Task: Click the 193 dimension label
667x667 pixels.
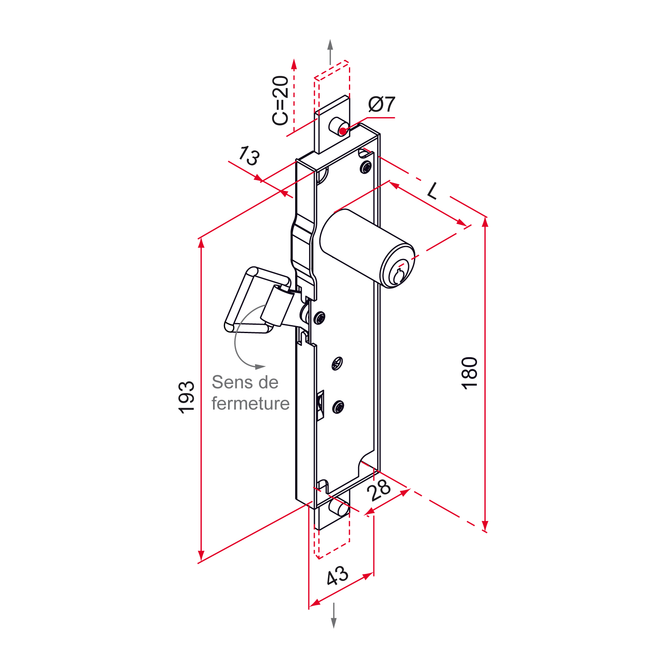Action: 186,397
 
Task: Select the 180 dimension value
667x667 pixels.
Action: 469,373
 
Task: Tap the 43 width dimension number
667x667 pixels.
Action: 337,576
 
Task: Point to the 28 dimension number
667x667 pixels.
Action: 379,489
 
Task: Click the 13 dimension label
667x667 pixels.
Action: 249,156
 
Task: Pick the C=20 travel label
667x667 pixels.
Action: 280,100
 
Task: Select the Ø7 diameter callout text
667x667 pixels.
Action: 382,104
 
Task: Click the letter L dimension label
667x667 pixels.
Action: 433,191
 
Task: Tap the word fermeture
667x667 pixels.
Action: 251,404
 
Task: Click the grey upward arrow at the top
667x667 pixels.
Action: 330,52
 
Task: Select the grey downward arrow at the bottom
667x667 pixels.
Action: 333,615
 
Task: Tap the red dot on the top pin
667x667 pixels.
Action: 343,132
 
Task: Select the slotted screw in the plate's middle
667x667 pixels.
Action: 337,364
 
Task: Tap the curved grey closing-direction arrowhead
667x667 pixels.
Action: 260,367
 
